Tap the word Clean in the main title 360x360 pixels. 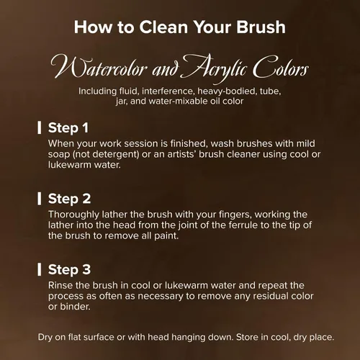pyautogui.click(x=163, y=27)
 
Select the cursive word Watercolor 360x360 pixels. pyautogui.click(x=99, y=67)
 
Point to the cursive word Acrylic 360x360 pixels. pyautogui.click(x=215, y=68)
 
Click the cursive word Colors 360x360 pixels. pyautogui.click(x=281, y=67)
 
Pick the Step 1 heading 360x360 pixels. pyautogui.click(x=68, y=128)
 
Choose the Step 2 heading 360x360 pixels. pyautogui.click(x=69, y=199)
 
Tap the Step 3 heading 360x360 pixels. pyautogui.click(x=69, y=270)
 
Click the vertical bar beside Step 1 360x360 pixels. pyautogui.click(x=40, y=127)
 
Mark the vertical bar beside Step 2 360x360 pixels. pyautogui.click(x=40, y=199)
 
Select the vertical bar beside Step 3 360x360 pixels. pyautogui.click(x=40, y=269)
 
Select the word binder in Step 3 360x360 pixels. pyautogui.click(x=75, y=307)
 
